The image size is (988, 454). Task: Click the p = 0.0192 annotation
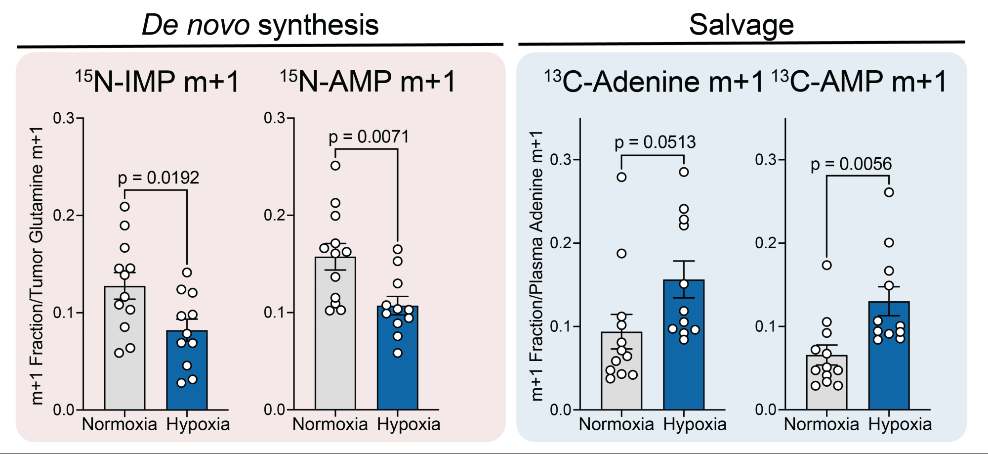[x=158, y=178]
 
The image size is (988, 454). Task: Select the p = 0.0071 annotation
[x=369, y=136]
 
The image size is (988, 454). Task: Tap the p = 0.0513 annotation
[x=655, y=142]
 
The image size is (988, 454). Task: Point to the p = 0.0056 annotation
[x=851, y=164]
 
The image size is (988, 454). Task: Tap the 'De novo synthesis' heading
[x=260, y=25]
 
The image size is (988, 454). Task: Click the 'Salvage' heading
[x=741, y=25]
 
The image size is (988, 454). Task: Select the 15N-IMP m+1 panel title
[x=158, y=82]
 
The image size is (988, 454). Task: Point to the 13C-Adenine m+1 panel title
[x=654, y=82]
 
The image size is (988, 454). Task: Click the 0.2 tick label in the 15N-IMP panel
[x=64, y=215]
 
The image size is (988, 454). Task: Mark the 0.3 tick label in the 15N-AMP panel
[x=274, y=118]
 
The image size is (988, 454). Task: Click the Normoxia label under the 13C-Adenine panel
[x=616, y=424]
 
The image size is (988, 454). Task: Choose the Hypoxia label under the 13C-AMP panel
[x=900, y=424]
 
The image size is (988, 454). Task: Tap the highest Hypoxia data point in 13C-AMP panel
[x=889, y=192]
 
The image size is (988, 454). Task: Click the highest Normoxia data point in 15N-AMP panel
[x=335, y=166]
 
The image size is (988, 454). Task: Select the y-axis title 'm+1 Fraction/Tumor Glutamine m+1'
[x=37, y=266]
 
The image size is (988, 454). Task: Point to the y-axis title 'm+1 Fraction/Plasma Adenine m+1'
[x=536, y=266]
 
